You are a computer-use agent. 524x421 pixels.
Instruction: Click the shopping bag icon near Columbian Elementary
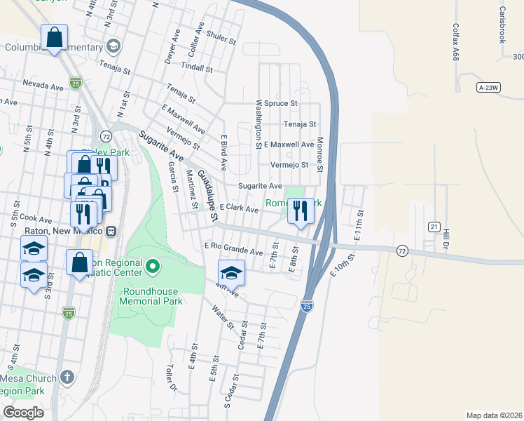[x=54, y=38]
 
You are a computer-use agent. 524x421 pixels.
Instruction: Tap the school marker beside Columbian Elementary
[x=113, y=46]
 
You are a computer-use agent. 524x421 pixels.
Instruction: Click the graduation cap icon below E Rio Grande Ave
[x=230, y=272]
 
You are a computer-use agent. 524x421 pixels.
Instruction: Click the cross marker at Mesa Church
[x=67, y=377]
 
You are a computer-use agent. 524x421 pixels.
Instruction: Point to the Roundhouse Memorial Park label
[x=152, y=296]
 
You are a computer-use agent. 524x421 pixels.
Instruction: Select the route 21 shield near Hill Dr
[x=434, y=227]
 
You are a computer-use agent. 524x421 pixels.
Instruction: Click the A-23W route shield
[x=489, y=87]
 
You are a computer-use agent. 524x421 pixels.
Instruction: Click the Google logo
[x=24, y=412]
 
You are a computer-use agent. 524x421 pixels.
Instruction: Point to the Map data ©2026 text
[x=494, y=415]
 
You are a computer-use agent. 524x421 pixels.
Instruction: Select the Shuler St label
[x=219, y=37]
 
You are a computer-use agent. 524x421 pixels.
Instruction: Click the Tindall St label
[x=196, y=68]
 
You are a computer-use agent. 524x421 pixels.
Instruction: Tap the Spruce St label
[x=281, y=103]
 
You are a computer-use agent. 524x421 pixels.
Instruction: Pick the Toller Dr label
[x=169, y=377]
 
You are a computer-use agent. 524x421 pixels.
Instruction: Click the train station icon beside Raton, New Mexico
[x=111, y=231]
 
